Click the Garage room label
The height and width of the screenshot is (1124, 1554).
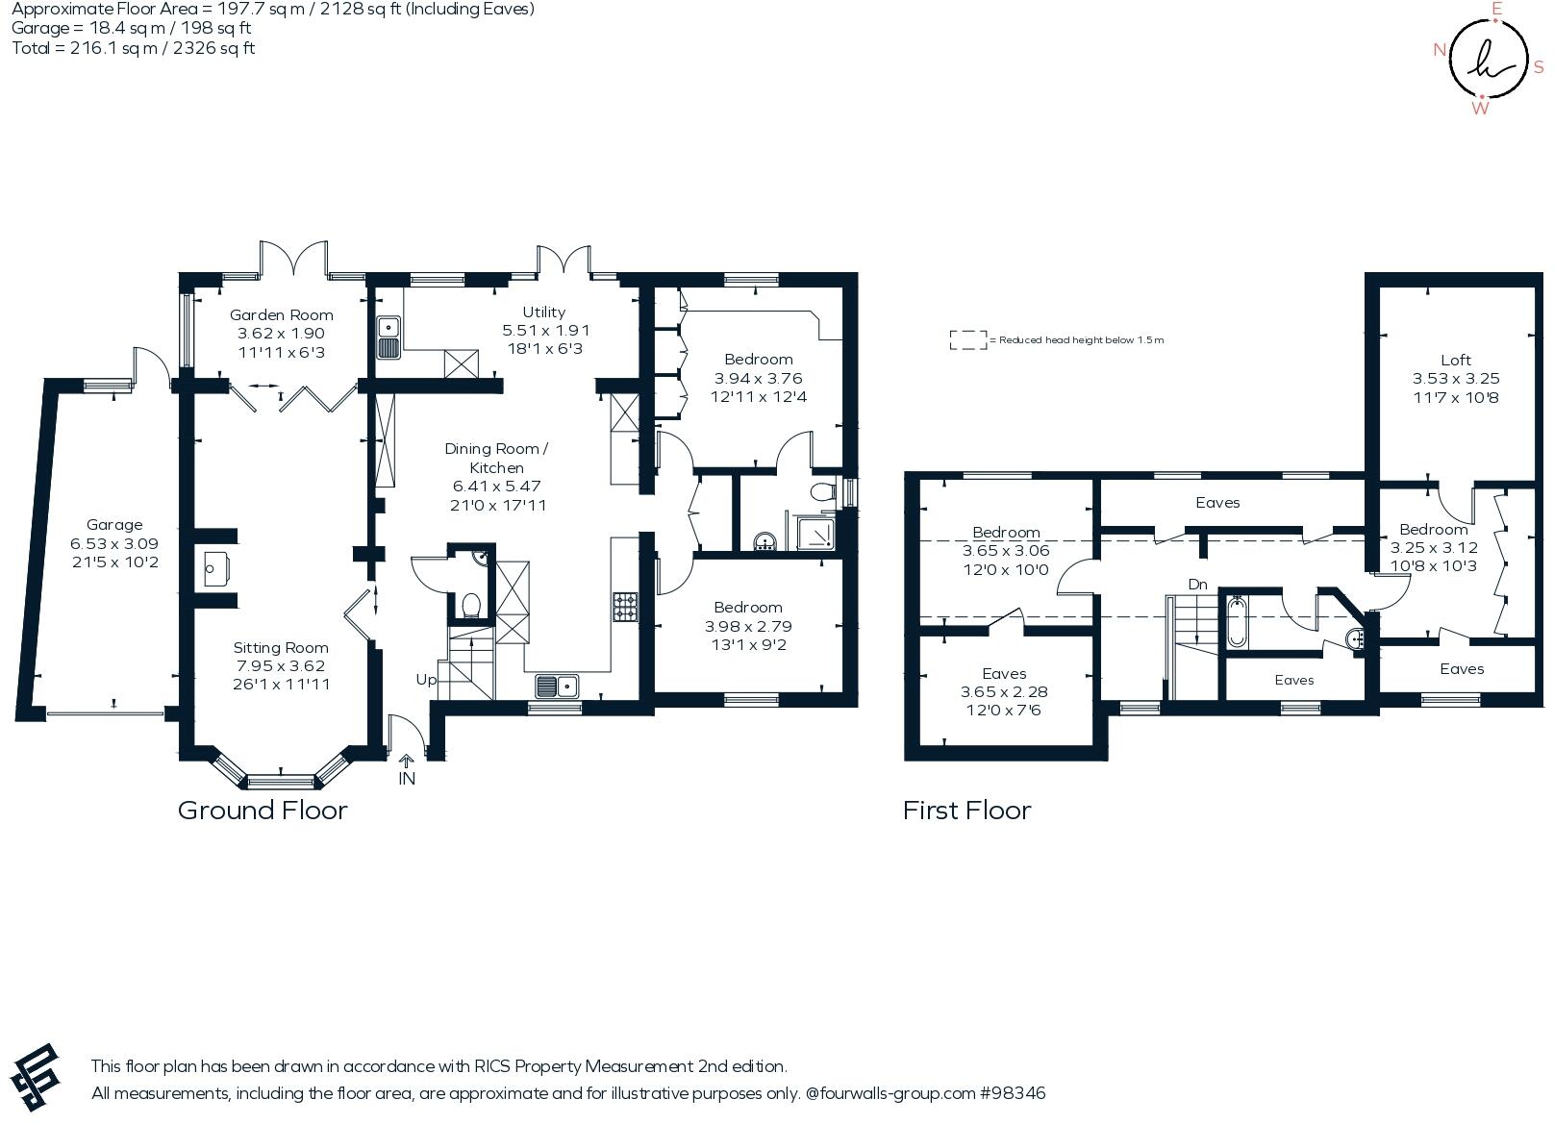[x=114, y=525]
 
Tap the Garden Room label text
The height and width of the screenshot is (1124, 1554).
[x=281, y=315]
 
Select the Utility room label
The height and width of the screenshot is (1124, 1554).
[x=544, y=312]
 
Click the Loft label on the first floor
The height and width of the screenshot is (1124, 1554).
[x=1455, y=361]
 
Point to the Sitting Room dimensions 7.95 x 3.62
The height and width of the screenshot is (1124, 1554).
[x=281, y=666]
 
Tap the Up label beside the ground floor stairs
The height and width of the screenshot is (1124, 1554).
[x=426, y=680]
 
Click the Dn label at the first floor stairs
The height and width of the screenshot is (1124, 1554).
[x=1197, y=585]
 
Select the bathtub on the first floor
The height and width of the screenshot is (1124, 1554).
[x=1236, y=623]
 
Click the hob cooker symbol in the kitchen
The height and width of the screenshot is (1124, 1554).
[x=625, y=607]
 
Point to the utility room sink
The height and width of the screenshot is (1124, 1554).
[x=388, y=337]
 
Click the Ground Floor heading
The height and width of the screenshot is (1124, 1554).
[x=263, y=811]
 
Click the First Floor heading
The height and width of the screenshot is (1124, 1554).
[x=966, y=811]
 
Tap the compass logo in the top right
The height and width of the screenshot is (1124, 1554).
[x=1488, y=59]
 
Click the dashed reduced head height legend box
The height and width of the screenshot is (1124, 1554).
[x=967, y=339]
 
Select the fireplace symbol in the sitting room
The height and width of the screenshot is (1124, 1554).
[x=215, y=568]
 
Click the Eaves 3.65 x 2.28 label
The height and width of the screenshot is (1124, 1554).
[x=1004, y=692]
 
